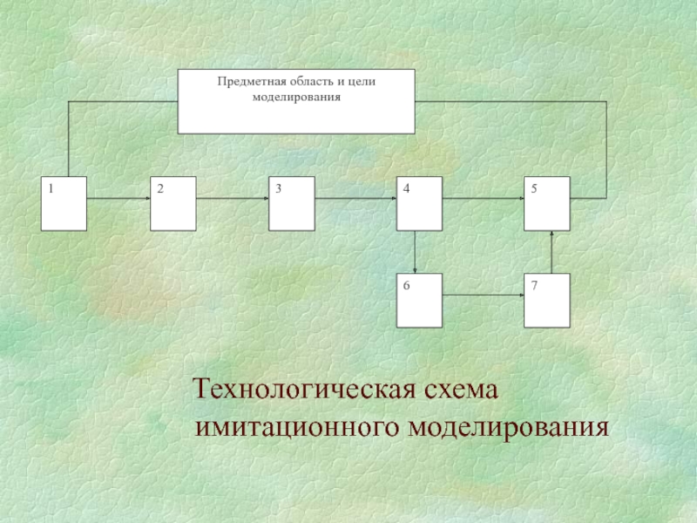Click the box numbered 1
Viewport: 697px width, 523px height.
point(64,203)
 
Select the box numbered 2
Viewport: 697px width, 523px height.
point(173,203)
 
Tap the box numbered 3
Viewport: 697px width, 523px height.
point(291,203)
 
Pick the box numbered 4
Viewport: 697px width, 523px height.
point(418,203)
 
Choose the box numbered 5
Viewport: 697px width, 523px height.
point(547,203)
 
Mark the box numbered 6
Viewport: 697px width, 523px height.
point(418,301)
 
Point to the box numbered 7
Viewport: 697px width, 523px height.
point(547,301)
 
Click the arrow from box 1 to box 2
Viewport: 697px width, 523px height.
point(118,199)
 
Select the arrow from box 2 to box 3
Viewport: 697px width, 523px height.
point(233,199)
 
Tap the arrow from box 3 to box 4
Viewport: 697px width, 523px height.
point(355,199)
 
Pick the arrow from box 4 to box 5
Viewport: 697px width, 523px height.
point(483,199)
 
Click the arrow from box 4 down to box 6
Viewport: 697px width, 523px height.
point(416,252)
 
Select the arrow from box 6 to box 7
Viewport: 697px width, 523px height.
point(483,296)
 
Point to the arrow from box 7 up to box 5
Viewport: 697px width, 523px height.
point(552,252)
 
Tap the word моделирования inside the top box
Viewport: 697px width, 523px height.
point(296,97)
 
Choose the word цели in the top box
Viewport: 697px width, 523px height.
point(361,81)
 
